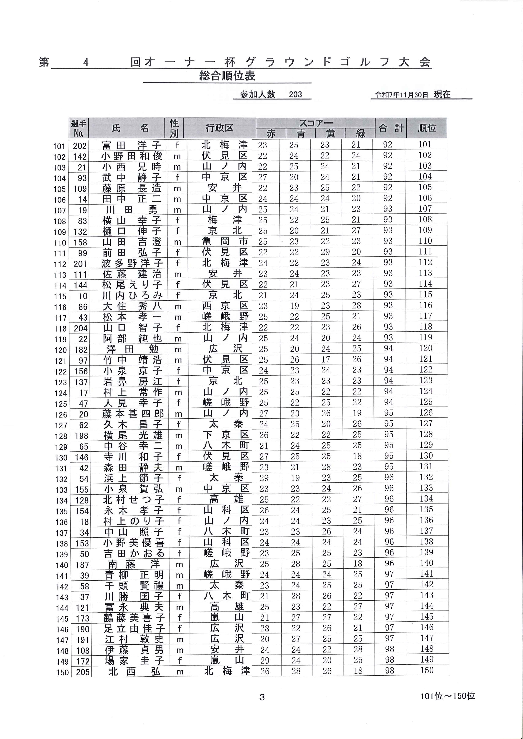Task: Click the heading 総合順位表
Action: [x=227, y=76]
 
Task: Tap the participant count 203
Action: [x=295, y=94]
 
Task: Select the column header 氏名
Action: [x=130, y=128]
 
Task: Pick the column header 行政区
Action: [x=220, y=128]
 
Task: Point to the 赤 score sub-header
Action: [x=271, y=133]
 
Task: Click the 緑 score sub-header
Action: [x=360, y=133]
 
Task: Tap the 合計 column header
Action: [x=391, y=128]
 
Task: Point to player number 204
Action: [x=80, y=328]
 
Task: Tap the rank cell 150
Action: [x=427, y=670]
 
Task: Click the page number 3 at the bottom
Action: [x=262, y=697]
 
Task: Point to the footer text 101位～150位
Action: [x=448, y=696]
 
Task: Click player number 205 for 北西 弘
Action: [x=82, y=672]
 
